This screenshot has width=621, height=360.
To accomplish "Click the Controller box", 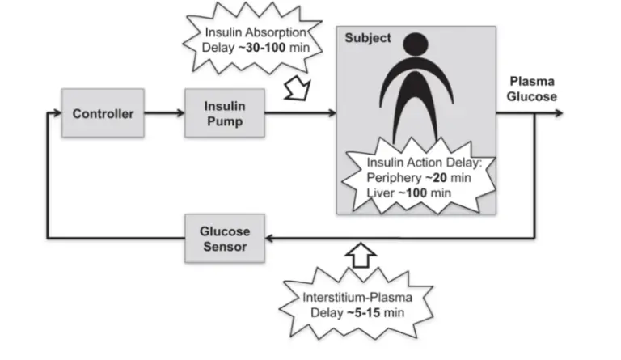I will [103, 113].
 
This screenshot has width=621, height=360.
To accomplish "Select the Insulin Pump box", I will [216, 113].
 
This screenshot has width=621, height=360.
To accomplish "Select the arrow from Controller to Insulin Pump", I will [162, 113].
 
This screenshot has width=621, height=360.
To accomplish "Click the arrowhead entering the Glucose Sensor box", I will [272, 238].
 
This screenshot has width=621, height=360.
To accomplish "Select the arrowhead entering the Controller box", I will [57, 113].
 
